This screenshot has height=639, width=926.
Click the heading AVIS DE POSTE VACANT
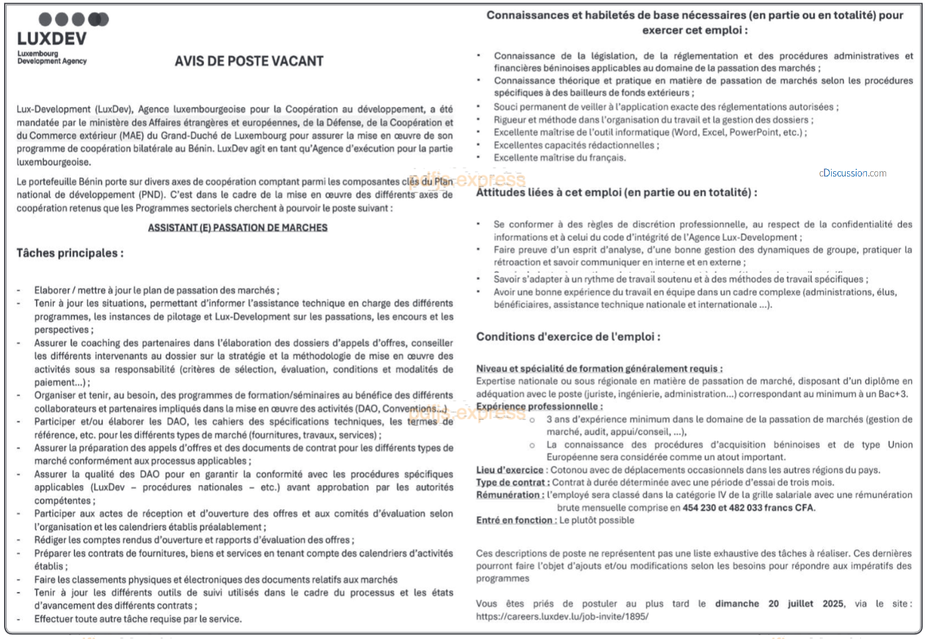coord(249,61)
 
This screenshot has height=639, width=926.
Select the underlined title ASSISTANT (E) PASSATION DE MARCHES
coord(238,228)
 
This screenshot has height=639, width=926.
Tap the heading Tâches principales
coord(70,253)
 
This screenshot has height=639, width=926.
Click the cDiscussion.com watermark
coord(852,173)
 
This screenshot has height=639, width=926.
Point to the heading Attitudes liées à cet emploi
coord(616,192)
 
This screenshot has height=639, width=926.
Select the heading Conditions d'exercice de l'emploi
coord(568,336)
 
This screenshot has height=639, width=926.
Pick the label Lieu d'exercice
coord(510,470)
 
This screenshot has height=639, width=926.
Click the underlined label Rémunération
coord(510,495)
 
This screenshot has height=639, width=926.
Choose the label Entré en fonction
coord(516,520)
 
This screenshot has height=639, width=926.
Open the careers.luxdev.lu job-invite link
coord(562,616)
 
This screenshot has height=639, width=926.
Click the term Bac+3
coord(895,393)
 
